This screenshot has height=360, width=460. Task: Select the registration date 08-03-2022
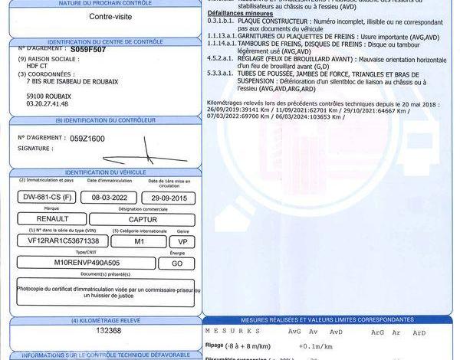[x=103, y=197]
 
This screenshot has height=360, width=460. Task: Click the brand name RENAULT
[x=52, y=219]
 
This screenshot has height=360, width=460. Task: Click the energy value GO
[x=176, y=262]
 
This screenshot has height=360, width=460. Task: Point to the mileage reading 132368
[x=103, y=331]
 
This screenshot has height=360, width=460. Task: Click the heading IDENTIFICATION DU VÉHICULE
[x=103, y=173]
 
